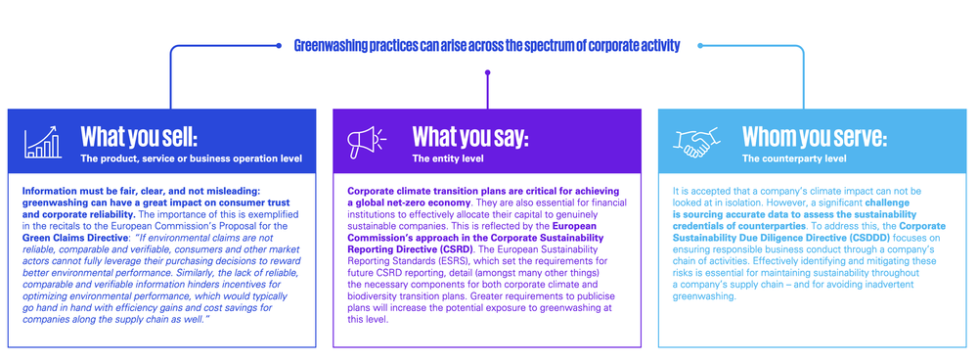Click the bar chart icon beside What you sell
click(x=42, y=142)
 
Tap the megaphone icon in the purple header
click(x=365, y=143)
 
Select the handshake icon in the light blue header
click(x=692, y=143)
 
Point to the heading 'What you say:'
click(x=469, y=136)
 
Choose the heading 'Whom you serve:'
click(x=815, y=136)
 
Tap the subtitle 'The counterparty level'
click(x=794, y=158)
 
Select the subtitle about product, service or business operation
click(x=191, y=158)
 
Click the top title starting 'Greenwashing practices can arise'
click(x=486, y=45)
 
